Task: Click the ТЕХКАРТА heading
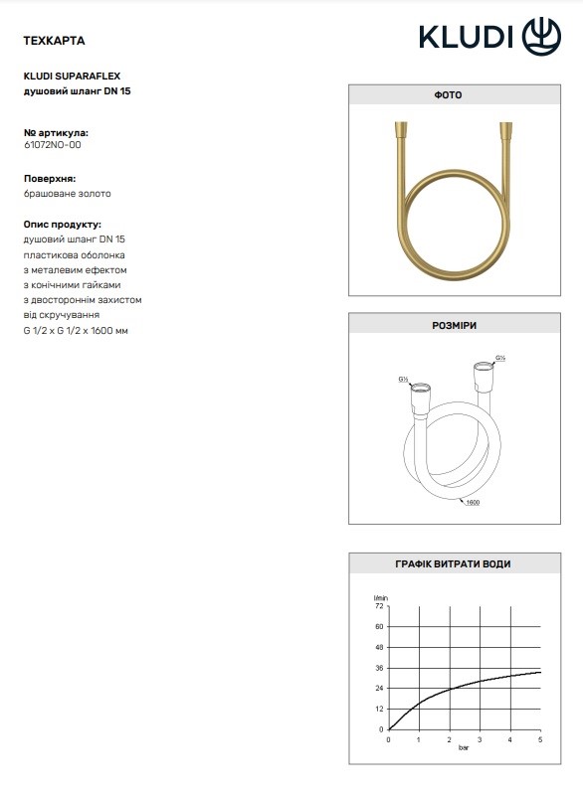click(x=53, y=41)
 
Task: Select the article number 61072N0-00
click(x=52, y=145)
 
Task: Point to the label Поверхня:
click(x=50, y=178)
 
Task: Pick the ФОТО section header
click(x=448, y=95)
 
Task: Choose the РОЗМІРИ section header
click(x=448, y=326)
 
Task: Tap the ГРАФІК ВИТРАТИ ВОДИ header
click(x=448, y=563)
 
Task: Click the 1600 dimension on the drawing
click(x=474, y=504)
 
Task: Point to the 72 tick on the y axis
click(x=379, y=605)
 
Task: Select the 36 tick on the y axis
click(x=379, y=668)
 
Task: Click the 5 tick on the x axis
click(x=540, y=739)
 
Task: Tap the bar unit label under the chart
click(x=464, y=748)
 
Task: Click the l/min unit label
click(x=378, y=595)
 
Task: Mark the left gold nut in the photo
click(x=399, y=131)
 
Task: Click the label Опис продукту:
click(x=62, y=225)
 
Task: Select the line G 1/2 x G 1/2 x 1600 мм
click(x=76, y=330)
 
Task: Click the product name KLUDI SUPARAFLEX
click(x=71, y=75)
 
